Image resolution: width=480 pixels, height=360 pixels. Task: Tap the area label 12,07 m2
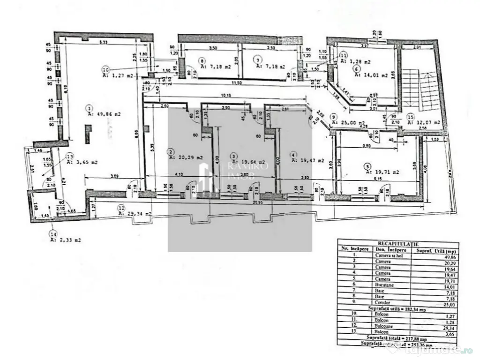[x=424, y=122]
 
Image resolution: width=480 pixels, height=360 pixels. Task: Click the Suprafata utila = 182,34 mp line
[x=397, y=310]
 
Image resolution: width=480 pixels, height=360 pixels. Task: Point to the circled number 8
[x=202, y=60]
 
